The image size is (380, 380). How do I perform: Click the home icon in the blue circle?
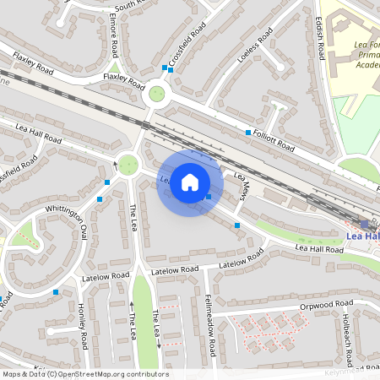click(190, 181)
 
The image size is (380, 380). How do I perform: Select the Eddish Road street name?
click(319, 39)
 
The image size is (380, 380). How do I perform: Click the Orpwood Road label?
click(326, 304)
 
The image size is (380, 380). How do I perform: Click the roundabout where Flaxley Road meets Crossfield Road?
click(156, 94)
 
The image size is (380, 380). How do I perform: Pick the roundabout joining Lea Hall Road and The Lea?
click(128, 164)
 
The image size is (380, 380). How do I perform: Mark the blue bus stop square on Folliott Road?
click(246, 133)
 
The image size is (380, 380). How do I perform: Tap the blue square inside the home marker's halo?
click(209, 197)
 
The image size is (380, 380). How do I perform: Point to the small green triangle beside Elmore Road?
click(113, 68)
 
